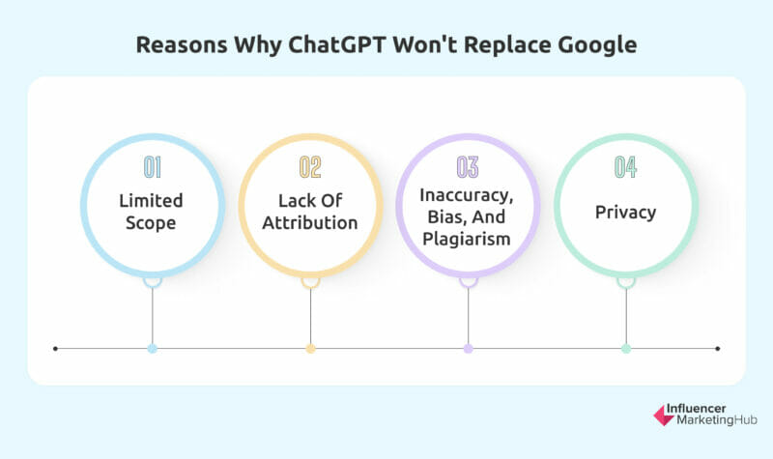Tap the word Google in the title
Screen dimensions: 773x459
click(597, 45)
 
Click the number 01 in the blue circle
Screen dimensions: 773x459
click(153, 167)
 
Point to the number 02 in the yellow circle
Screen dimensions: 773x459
click(310, 167)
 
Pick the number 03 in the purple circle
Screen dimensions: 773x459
click(468, 167)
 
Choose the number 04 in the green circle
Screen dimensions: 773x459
click(625, 167)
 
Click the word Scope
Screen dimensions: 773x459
click(151, 223)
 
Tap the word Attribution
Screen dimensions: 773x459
click(310, 223)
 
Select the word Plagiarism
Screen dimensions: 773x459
click(467, 239)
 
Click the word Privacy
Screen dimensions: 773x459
click(625, 213)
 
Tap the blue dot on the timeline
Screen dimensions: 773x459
click(153, 349)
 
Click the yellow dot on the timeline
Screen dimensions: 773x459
click(310, 349)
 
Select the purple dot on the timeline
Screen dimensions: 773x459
click(469, 349)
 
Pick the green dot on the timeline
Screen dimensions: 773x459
click(626, 349)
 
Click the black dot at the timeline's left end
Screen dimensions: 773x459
click(55, 349)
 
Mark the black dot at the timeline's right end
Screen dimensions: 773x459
click(718, 349)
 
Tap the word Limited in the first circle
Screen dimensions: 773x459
click(151, 201)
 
